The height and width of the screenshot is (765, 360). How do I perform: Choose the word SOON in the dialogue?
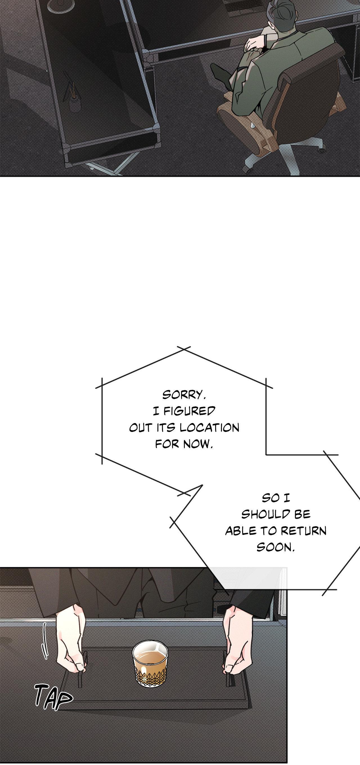275,547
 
